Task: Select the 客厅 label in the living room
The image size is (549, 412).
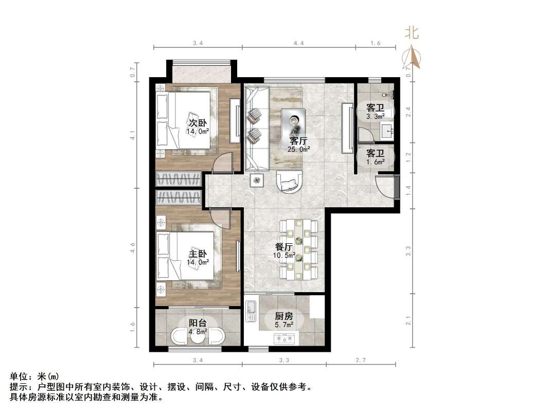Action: [299, 140]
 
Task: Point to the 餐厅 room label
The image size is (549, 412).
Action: [285, 247]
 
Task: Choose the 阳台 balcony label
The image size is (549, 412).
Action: [198, 323]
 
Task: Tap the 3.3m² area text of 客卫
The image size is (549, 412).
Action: [375, 117]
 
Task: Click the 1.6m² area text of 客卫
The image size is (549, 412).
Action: [375, 162]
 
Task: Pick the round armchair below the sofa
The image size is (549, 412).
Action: [290, 182]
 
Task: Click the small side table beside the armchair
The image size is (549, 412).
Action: [257, 180]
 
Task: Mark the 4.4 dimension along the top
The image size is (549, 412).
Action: [298, 44]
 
